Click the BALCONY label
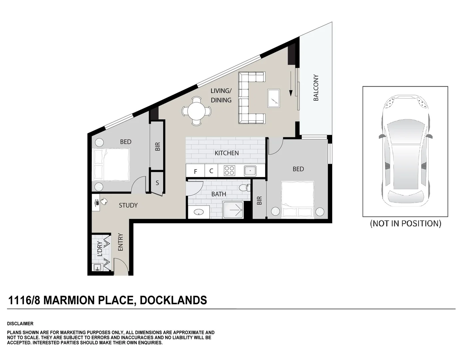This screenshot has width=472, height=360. click(x=316, y=88)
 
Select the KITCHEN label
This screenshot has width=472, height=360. click(x=227, y=153)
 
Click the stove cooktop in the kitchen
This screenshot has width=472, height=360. click(x=230, y=171)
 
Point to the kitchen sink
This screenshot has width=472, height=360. click(x=250, y=171)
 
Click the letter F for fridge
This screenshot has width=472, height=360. click(x=196, y=172)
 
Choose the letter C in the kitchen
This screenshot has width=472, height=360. click(x=211, y=171)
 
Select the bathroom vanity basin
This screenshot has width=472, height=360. click(x=199, y=212)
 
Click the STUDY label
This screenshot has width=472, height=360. click(x=128, y=205)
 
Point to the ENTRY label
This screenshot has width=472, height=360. click(x=121, y=242)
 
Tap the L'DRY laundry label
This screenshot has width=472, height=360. click(x=100, y=249)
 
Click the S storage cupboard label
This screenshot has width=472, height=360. click(x=157, y=183)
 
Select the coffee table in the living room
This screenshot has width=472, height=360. click(x=274, y=98)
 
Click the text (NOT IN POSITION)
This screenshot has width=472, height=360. click(x=405, y=223)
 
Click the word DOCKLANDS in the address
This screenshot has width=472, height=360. click(x=173, y=300)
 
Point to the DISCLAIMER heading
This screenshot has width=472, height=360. click(x=20, y=324)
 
